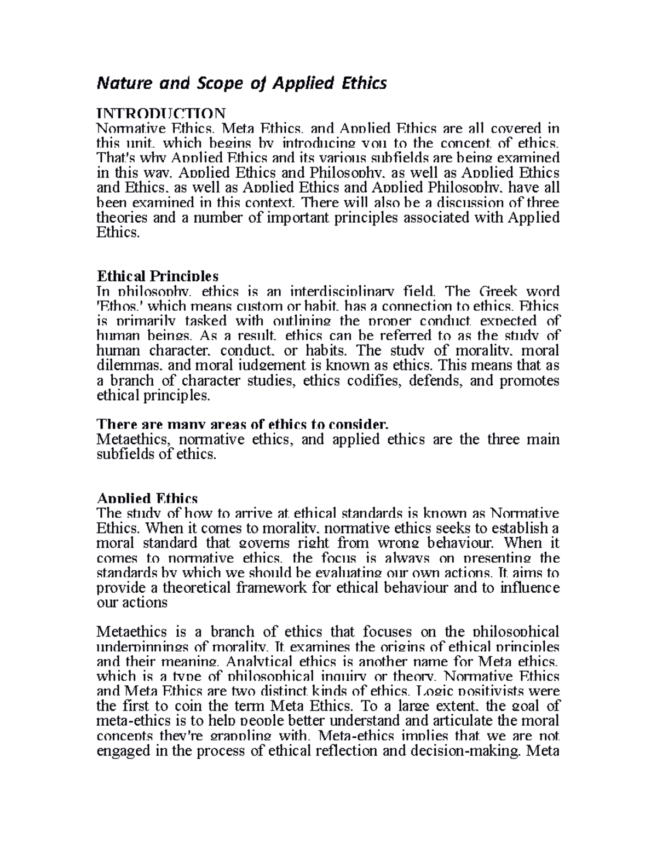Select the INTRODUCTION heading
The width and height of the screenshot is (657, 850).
[x=160, y=113]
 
